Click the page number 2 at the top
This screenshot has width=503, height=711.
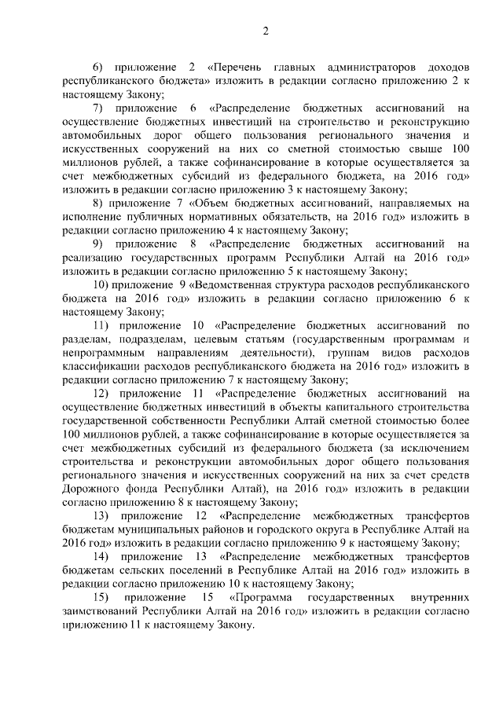(x=266, y=31)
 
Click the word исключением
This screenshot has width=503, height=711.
(x=433, y=448)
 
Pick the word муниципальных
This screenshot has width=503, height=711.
(x=157, y=530)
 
